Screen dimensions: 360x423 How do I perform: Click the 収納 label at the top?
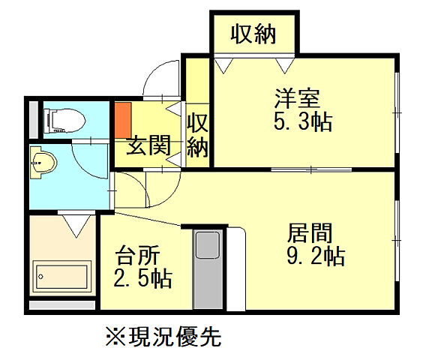tap(253, 34)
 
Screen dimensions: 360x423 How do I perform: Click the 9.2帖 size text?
tap(316, 256)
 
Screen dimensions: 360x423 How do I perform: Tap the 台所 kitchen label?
tap(136, 256)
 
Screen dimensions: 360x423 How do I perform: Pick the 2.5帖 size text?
tap(142, 279)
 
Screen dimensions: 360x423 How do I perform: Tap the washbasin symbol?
tap(43, 161)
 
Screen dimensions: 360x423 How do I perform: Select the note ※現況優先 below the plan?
tap(163, 336)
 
